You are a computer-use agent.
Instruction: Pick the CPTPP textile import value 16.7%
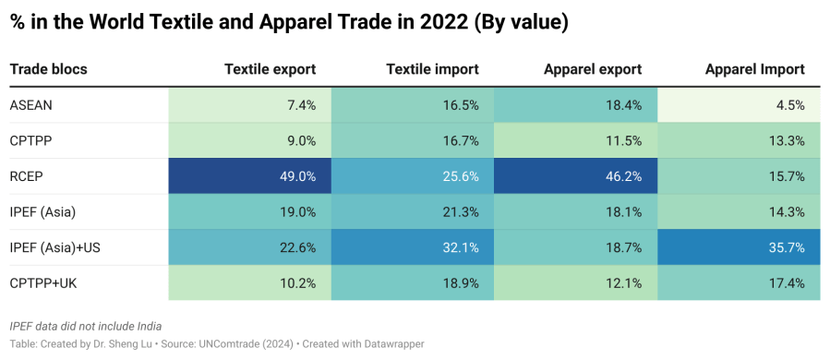[x=459, y=141]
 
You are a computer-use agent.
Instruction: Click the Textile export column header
[x=270, y=69]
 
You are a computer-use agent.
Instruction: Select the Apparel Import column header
[x=754, y=69]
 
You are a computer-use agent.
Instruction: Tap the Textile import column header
[x=432, y=69]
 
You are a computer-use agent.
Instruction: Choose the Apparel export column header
[x=592, y=69]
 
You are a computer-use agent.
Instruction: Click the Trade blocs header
[x=48, y=69]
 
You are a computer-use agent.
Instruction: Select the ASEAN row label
[x=31, y=105]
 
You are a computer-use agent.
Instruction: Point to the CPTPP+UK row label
[x=42, y=283]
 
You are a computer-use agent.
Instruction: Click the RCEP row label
[x=27, y=176]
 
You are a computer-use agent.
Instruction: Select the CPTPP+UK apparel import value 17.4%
[x=785, y=283]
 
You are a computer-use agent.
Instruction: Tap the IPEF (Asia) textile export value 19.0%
[x=297, y=212]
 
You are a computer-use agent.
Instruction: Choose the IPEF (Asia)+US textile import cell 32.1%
[x=459, y=247]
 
